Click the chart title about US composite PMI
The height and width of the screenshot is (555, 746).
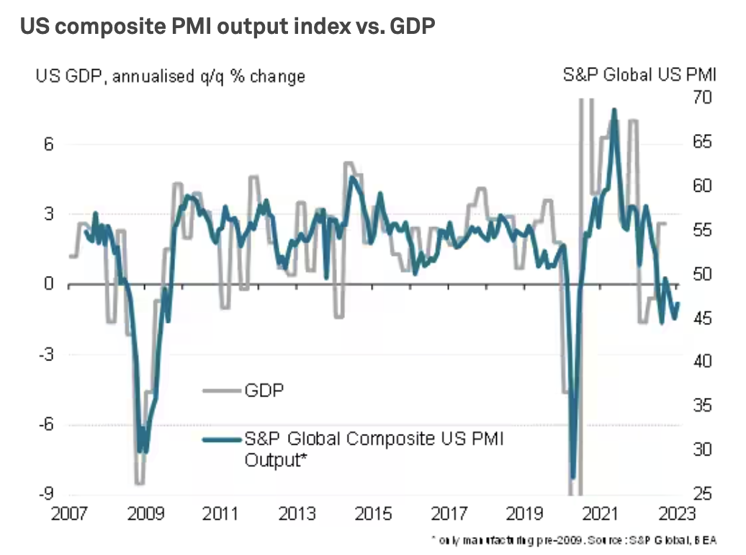227,28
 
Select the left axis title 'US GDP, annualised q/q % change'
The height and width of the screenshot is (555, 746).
170,76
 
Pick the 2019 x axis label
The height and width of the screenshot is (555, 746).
525,515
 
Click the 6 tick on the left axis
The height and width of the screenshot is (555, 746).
49,143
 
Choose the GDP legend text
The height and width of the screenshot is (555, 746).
264,390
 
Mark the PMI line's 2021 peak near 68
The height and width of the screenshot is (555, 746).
614,110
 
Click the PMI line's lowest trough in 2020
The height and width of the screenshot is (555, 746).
573,477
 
